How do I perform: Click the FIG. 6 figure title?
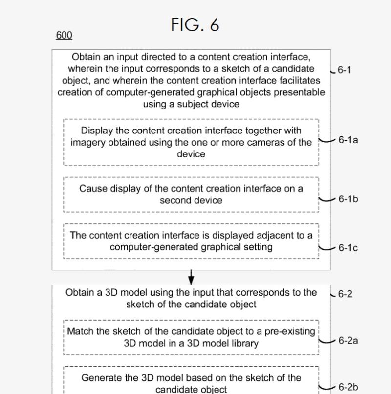tap(195, 25)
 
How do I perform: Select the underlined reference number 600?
tap(64, 35)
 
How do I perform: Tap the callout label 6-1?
tap(344, 70)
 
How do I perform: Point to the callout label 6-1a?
tap(348, 140)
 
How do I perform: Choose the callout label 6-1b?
tap(348, 199)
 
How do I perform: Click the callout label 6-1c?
tap(348, 248)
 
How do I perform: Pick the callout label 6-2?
tap(345, 294)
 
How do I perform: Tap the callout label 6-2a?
tap(348, 341)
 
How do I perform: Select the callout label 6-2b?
tap(348, 387)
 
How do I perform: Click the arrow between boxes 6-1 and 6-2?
tap(191, 277)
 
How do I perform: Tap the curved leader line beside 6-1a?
tap(326, 141)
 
